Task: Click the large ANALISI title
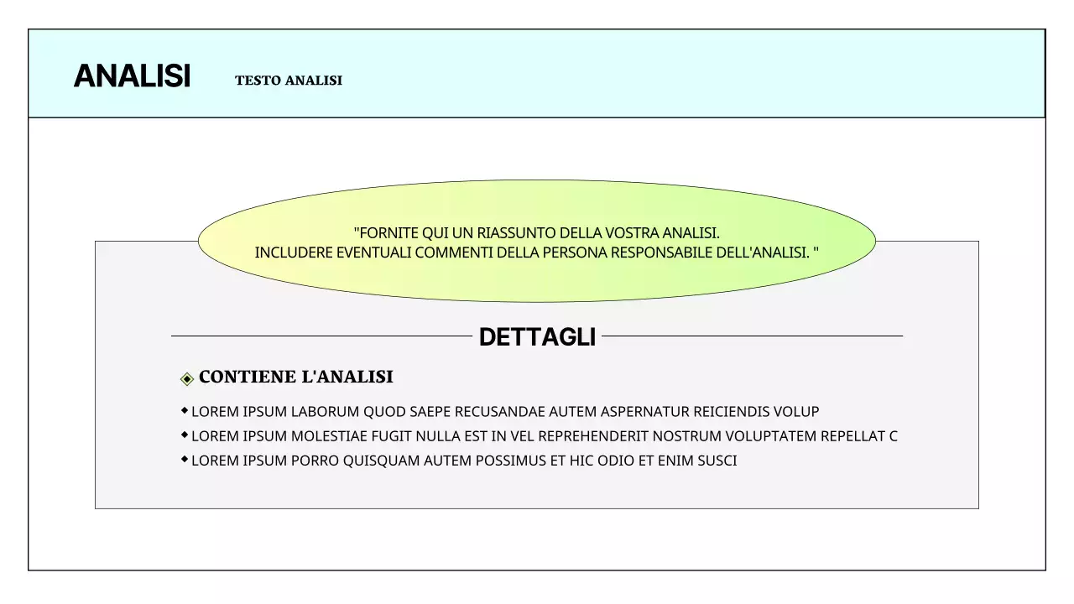(x=132, y=76)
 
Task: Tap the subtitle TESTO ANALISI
(x=289, y=81)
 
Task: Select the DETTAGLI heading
(x=537, y=337)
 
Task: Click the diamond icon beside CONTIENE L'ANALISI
(x=187, y=378)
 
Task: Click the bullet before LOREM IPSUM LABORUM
(x=185, y=410)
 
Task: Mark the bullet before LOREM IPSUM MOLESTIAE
(x=185, y=435)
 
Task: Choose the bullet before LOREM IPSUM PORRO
(x=185, y=459)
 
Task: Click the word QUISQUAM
(x=381, y=461)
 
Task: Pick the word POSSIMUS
(x=509, y=461)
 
